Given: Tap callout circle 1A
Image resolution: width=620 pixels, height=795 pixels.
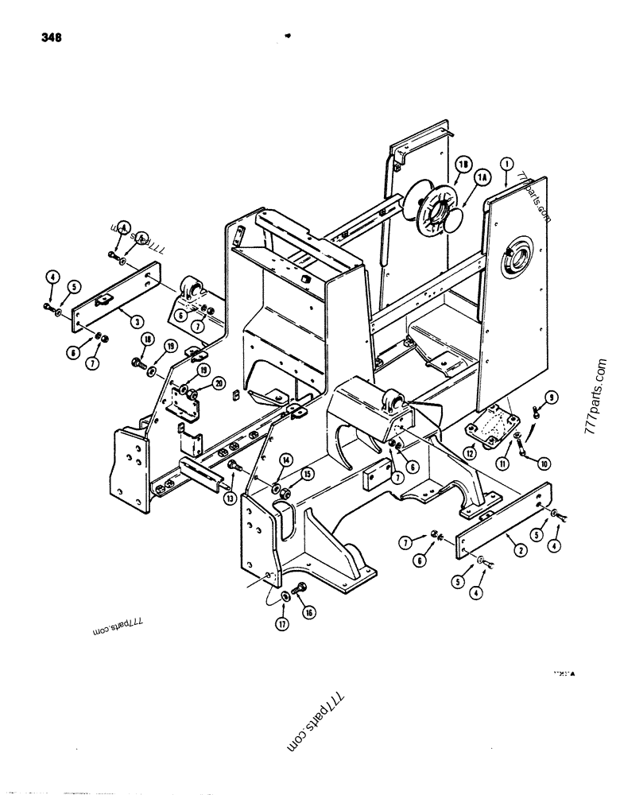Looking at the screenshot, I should (482, 180).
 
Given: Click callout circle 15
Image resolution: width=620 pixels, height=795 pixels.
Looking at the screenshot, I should (307, 474).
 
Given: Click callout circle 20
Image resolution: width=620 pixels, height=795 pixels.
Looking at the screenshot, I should (217, 385).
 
